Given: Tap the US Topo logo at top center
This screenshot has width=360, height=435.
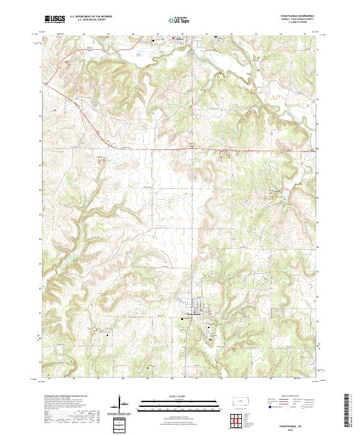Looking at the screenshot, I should [179, 20].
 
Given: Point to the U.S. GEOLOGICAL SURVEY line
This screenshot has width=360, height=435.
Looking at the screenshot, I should [91, 21].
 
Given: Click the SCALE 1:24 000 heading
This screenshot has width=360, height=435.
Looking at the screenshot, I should [179, 397].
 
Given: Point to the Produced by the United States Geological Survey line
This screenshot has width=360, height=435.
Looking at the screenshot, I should [66, 397].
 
